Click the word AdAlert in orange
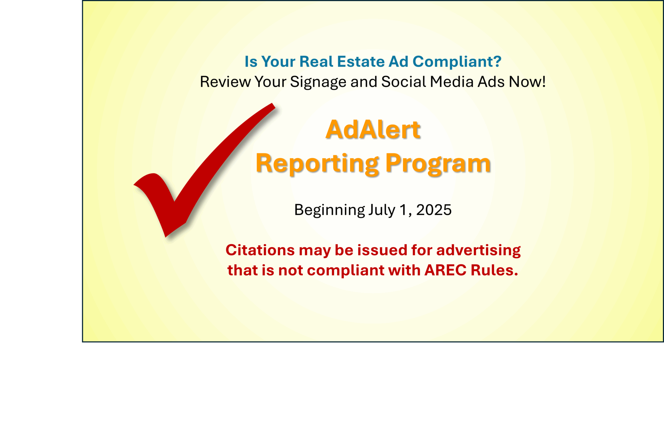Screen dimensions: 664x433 pyautogui.click(x=373, y=130)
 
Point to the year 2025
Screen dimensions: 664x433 pyautogui.click(x=434, y=210)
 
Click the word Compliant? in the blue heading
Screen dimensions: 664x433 pyautogui.click(x=457, y=62)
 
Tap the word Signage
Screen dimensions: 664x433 pyautogui.click(x=318, y=82)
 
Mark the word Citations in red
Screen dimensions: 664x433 pyautogui.click(x=260, y=250)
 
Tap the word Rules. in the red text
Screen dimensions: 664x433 pyautogui.click(x=494, y=270)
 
